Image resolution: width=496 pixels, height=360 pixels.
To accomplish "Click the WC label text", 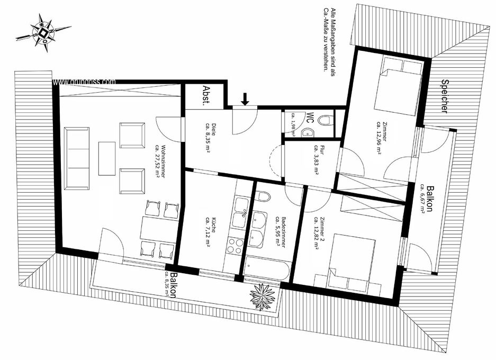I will click(x=310, y=118).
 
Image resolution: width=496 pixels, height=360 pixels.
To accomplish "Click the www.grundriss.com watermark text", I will click(x=84, y=82).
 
